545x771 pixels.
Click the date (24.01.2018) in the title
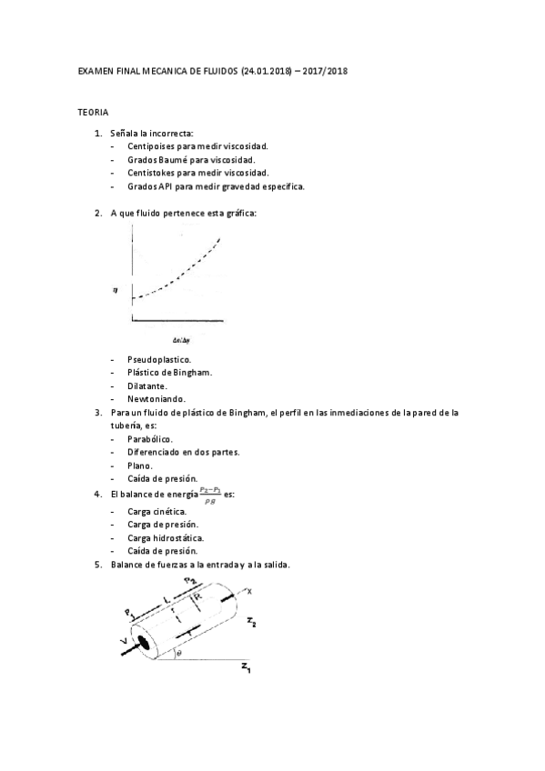point(270,70)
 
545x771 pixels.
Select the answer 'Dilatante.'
point(148,385)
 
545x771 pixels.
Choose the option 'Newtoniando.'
point(156,399)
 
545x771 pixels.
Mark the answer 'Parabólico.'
point(150,438)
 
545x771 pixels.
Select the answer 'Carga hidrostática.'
point(166,537)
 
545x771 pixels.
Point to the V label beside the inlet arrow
point(121,644)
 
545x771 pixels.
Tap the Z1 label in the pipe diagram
point(246,669)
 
